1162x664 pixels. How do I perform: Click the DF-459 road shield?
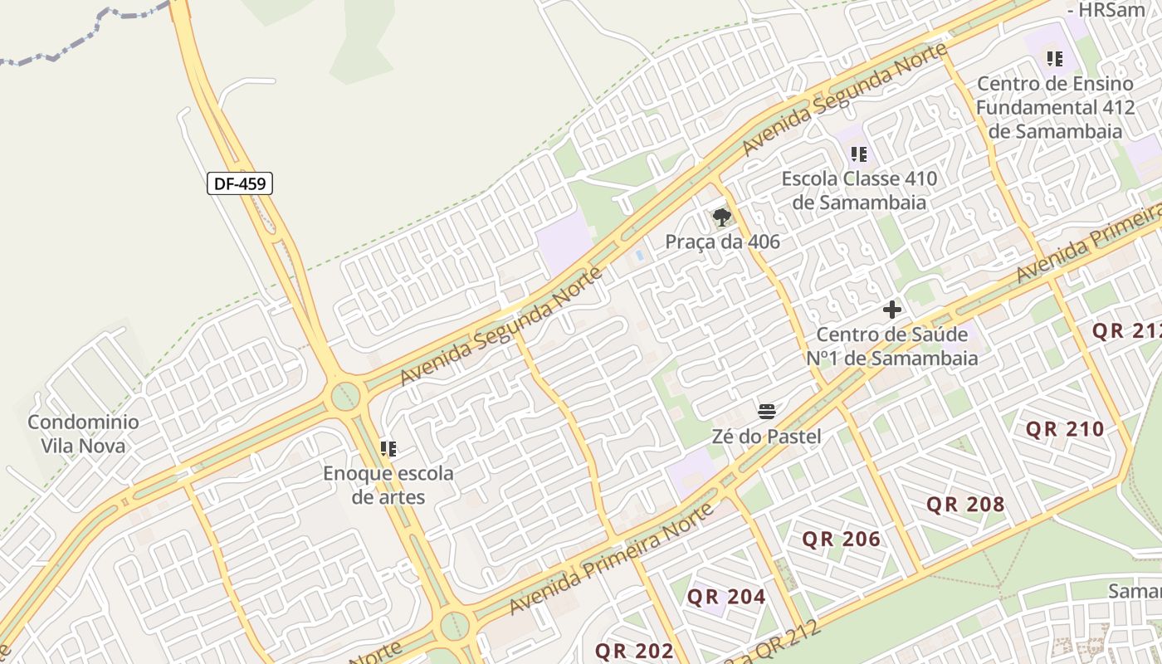click(240, 183)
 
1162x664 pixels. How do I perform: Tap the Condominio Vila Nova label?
click(83, 433)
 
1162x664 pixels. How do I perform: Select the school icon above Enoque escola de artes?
click(388, 449)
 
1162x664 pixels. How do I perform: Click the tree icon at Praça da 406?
click(722, 217)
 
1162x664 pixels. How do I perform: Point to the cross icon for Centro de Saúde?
click(892, 310)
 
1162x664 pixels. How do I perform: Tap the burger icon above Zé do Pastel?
click(766, 411)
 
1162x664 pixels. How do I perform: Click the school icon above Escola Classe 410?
click(859, 154)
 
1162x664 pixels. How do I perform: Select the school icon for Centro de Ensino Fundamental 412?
click(1055, 59)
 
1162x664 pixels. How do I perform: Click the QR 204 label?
click(726, 597)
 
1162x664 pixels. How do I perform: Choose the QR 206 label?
click(841, 539)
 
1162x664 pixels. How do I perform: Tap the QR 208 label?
click(965, 504)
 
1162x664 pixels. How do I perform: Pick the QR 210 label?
click(1065, 429)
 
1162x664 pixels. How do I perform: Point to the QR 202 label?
click(634, 651)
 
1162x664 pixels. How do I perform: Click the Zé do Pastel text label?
click(766, 437)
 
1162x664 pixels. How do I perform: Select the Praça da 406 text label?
click(722, 242)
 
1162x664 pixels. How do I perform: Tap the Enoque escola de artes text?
click(388, 486)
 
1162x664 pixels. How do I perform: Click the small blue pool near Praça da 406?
click(639, 256)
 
